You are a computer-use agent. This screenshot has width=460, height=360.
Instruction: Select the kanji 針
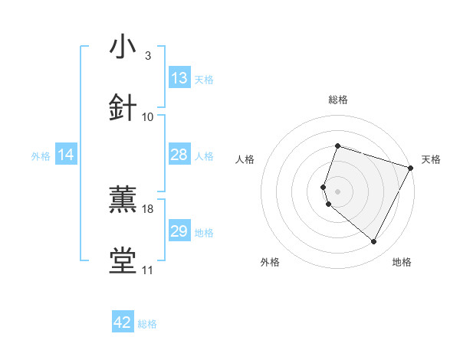click(123, 107)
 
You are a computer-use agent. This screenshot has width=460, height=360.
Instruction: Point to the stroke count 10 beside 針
click(148, 116)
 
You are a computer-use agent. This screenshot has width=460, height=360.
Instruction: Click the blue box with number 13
click(179, 78)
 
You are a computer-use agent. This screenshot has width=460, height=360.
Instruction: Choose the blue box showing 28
click(179, 155)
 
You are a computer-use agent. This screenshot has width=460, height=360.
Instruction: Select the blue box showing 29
click(179, 231)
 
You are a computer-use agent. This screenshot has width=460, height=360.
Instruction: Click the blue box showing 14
click(66, 155)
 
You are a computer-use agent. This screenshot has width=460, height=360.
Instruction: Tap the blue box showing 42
click(123, 323)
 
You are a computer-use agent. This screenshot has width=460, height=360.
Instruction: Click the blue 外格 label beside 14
click(41, 155)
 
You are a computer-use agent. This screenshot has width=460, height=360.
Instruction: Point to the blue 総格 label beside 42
click(147, 324)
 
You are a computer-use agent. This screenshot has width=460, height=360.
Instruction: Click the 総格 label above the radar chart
click(337, 100)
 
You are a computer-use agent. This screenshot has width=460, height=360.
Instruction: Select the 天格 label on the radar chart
click(431, 159)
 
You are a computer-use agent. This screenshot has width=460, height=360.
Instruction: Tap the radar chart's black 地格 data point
click(374, 242)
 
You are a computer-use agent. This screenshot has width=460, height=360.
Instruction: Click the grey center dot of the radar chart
click(337, 191)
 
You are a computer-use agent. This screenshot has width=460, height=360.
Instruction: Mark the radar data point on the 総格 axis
click(337, 146)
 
